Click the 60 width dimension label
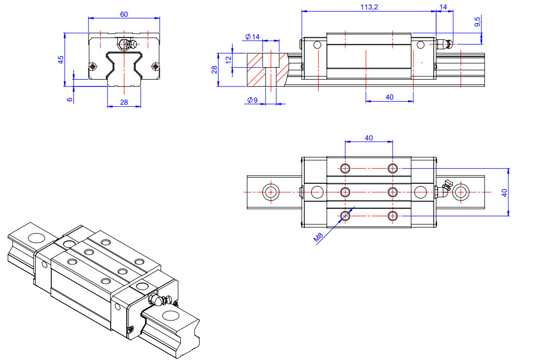(x=124, y=14)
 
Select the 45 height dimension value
(x=61, y=60)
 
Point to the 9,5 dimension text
(x=477, y=22)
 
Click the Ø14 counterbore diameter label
(x=252, y=37)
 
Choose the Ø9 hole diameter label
(x=252, y=101)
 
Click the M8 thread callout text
(x=319, y=237)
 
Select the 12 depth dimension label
(x=228, y=60)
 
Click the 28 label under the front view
(x=124, y=102)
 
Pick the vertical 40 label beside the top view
(x=505, y=192)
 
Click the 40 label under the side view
(x=389, y=97)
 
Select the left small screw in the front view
(x=93, y=66)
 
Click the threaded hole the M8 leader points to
(x=345, y=215)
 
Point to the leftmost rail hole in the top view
(x=270, y=192)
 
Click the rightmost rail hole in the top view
(x=461, y=192)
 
